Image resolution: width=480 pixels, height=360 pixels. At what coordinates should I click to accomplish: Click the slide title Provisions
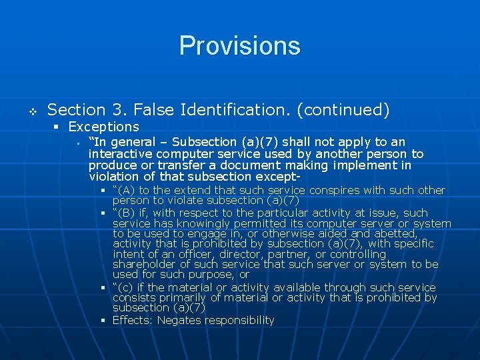coord(240,46)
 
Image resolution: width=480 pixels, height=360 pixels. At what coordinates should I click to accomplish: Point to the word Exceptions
coord(103,127)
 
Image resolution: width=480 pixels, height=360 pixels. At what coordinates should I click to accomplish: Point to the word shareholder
coord(147,265)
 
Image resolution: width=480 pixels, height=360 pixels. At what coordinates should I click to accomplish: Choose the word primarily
coord(180,297)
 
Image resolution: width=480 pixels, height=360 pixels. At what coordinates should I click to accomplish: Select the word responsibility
coord(239,320)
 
